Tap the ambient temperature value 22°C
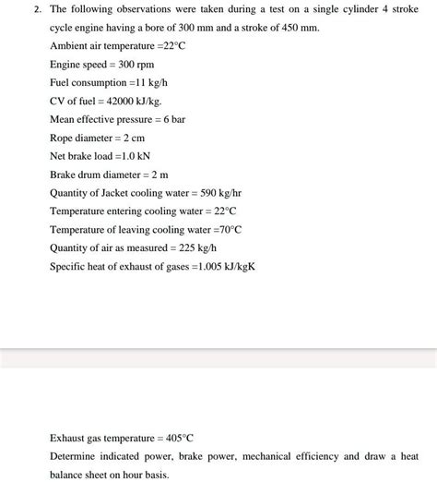(173, 45)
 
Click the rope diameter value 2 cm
(130, 138)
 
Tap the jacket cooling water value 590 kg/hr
(221, 193)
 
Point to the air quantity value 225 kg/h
(196, 248)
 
